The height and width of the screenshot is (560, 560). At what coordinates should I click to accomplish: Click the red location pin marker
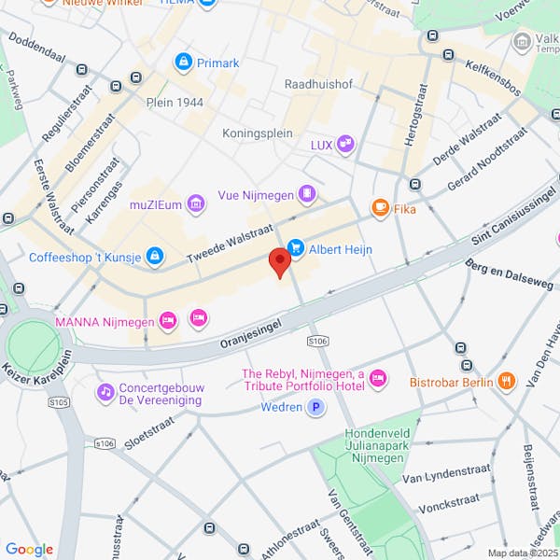click(x=279, y=261)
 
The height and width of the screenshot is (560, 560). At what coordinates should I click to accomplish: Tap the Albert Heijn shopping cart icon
click(x=297, y=247)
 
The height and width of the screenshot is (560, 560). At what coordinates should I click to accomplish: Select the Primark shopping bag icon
click(x=183, y=63)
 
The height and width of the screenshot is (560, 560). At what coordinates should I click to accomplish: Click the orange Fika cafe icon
click(x=380, y=208)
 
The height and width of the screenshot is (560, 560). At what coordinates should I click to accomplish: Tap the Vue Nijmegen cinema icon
click(x=307, y=195)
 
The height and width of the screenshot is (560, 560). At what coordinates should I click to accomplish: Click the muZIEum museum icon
click(x=195, y=203)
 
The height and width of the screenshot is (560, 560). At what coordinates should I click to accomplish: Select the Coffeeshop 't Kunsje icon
click(x=155, y=256)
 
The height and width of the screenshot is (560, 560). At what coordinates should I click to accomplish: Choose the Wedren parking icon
click(x=316, y=407)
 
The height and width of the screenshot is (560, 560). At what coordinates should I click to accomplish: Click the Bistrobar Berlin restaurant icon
click(x=506, y=381)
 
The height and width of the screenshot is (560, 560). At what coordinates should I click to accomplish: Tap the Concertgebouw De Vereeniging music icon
click(x=105, y=390)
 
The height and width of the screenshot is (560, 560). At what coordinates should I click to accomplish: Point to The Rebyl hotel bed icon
click(x=378, y=378)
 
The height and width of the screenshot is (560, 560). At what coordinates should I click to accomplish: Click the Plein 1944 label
click(x=175, y=102)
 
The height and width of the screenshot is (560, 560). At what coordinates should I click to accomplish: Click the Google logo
click(x=28, y=550)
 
